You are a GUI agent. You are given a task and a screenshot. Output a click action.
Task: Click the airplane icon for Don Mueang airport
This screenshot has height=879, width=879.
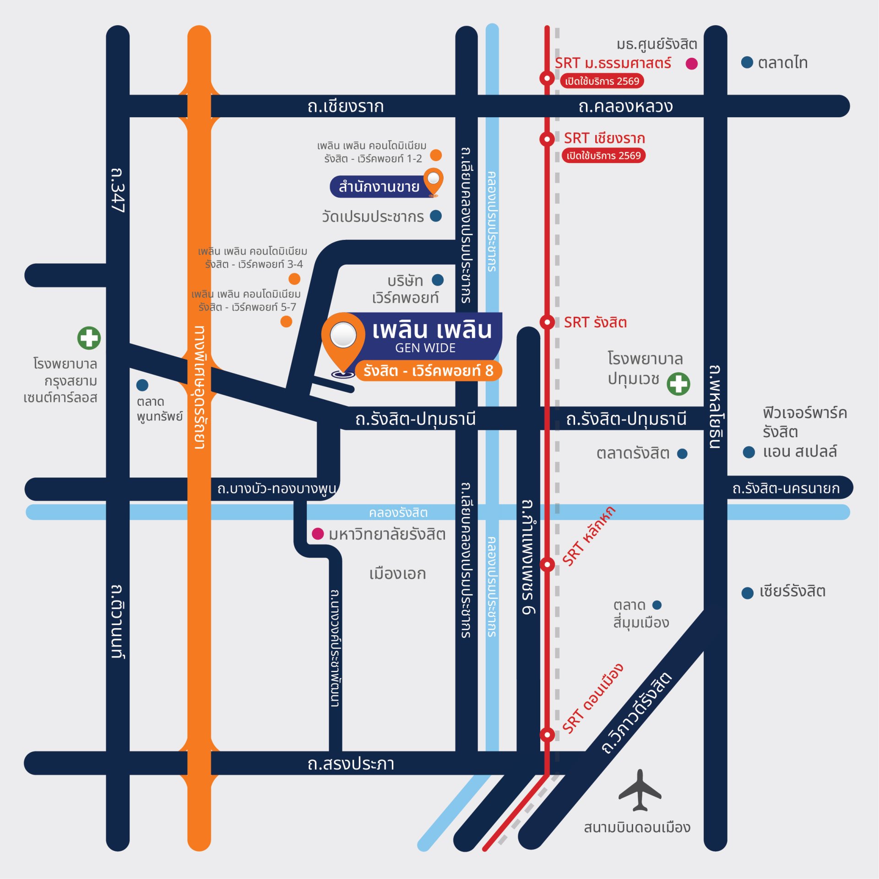[x=640, y=791]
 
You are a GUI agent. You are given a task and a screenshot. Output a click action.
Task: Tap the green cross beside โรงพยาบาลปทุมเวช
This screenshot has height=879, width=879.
[x=678, y=384]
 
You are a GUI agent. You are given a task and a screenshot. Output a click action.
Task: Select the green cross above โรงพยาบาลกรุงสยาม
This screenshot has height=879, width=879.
[x=89, y=338]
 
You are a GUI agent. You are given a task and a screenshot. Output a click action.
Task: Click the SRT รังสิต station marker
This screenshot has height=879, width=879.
[x=547, y=322]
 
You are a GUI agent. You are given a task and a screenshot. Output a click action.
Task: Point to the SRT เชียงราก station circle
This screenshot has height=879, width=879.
[x=547, y=138]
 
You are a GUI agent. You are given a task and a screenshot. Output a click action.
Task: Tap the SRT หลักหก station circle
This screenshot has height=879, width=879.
[x=547, y=564]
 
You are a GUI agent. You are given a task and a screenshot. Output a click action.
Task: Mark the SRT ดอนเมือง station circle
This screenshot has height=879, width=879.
[x=547, y=735]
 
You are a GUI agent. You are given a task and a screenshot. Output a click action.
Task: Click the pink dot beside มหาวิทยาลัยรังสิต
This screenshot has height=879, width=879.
[x=318, y=533]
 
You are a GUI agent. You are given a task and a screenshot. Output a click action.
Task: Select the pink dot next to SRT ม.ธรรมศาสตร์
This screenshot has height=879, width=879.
[x=691, y=64]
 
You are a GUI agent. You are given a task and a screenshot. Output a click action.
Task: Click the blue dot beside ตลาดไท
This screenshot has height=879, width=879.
[x=747, y=62]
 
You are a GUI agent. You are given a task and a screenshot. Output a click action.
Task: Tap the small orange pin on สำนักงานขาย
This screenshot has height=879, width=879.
[x=433, y=181]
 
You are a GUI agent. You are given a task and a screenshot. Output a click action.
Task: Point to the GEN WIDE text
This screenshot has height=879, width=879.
[x=425, y=348]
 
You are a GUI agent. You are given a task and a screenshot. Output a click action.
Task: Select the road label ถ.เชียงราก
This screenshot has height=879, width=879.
[x=346, y=107]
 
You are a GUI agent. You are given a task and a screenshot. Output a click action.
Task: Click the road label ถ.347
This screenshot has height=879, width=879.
[x=118, y=190]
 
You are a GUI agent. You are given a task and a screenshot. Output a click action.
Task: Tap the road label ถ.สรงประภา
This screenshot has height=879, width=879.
[x=351, y=764]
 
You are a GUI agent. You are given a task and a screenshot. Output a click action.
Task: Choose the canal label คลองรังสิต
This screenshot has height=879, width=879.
[x=398, y=512]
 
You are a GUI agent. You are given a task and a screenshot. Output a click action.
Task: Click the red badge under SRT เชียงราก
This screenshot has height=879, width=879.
[x=603, y=156]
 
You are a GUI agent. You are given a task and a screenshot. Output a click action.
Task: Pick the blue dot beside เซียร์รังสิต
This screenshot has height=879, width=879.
[x=747, y=593]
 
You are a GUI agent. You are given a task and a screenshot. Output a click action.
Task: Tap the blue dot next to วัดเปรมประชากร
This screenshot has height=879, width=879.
[x=436, y=216]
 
